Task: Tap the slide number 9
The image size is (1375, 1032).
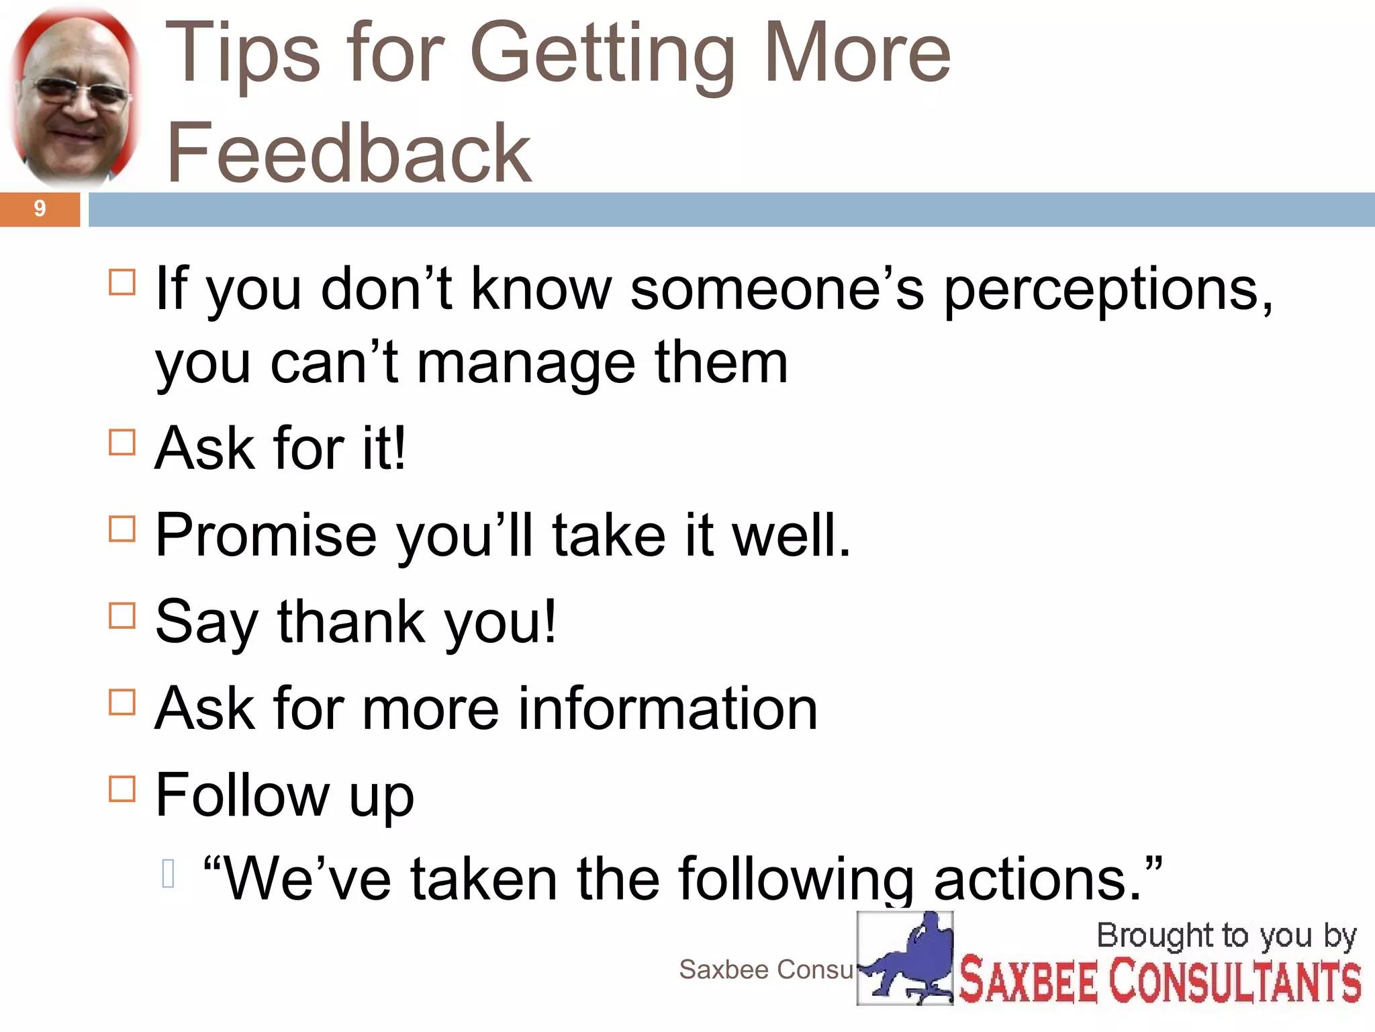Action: click(x=40, y=209)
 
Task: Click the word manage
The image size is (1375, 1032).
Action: click(x=526, y=364)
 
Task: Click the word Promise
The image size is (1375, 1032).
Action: click(x=266, y=535)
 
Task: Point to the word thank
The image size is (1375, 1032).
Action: click(x=351, y=622)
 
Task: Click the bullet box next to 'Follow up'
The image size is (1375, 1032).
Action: click(x=122, y=789)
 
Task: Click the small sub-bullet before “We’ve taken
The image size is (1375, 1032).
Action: click(x=169, y=874)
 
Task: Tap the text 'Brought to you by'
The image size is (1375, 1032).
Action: click(x=1226, y=937)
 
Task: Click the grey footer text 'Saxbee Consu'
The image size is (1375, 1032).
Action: click(x=765, y=970)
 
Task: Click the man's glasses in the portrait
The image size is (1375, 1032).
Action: click(x=75, y=92)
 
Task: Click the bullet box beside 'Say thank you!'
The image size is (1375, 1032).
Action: click(x=122, y=615)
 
